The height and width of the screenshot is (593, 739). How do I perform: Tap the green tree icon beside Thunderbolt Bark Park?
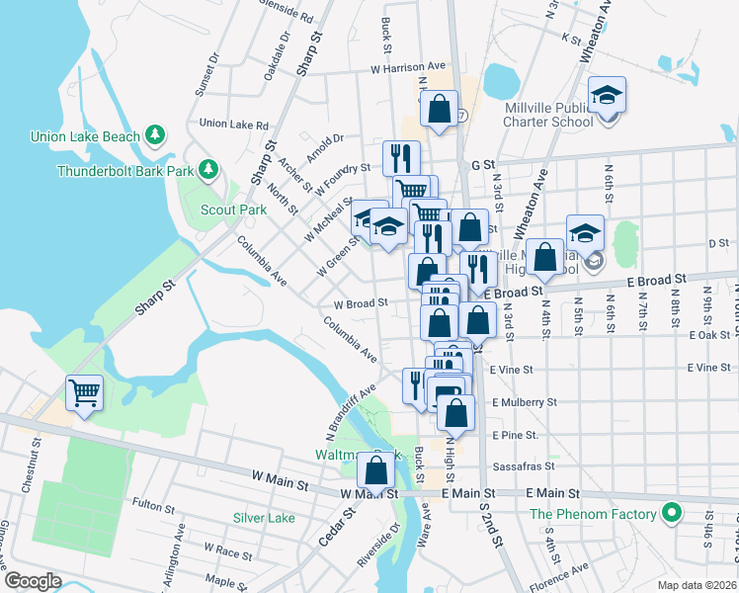[208, 170]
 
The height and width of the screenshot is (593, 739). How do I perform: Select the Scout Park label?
[233, 210]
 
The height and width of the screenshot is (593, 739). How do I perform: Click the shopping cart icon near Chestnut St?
[84, 393]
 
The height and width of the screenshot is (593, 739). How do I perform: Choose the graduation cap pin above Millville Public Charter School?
[607, 95]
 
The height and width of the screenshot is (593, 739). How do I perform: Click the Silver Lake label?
[264, 518]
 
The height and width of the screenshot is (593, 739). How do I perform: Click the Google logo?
[33, 580]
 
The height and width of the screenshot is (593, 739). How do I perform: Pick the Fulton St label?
[153, 509]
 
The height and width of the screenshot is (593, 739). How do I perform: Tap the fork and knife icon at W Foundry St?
[401, 157]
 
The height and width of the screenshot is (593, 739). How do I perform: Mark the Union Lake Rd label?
[234, 125]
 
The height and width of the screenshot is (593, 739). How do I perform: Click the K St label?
[570, 38]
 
